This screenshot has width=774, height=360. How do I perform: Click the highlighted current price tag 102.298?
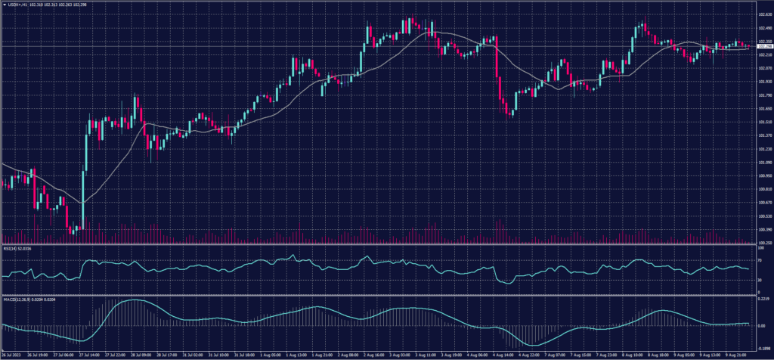pyautogui.click(x=763, y=46)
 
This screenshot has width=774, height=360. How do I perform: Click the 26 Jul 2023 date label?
pyautogui.click(x=12, y=354)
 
